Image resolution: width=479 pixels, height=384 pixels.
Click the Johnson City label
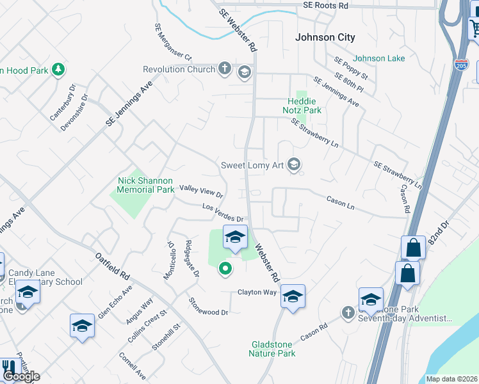[x=325, y=38]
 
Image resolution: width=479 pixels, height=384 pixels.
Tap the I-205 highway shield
[x=462, y=63]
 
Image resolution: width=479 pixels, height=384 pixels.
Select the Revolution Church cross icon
[x=224, y=68]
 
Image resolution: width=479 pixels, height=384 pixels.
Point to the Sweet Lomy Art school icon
[x=294, y=165]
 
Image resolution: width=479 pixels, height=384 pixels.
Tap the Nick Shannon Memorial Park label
[x=146, y=185]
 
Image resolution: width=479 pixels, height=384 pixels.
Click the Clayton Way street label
[x=257, y=292]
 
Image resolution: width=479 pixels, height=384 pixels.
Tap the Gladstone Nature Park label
[x=273, y=349]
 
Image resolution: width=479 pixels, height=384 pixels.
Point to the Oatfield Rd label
[x=112, y=268]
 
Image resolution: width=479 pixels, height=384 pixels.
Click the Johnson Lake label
[x=379, y=58]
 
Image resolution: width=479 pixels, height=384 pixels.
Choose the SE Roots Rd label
[x=325, y=5]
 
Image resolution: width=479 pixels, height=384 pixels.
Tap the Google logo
[x=20, y=376]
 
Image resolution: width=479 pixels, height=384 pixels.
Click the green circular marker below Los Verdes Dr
[x=224, y=269]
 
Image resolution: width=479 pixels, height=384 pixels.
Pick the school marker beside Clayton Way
[x=293, y=296]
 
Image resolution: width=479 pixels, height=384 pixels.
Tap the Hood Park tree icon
[x=58, y=69]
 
